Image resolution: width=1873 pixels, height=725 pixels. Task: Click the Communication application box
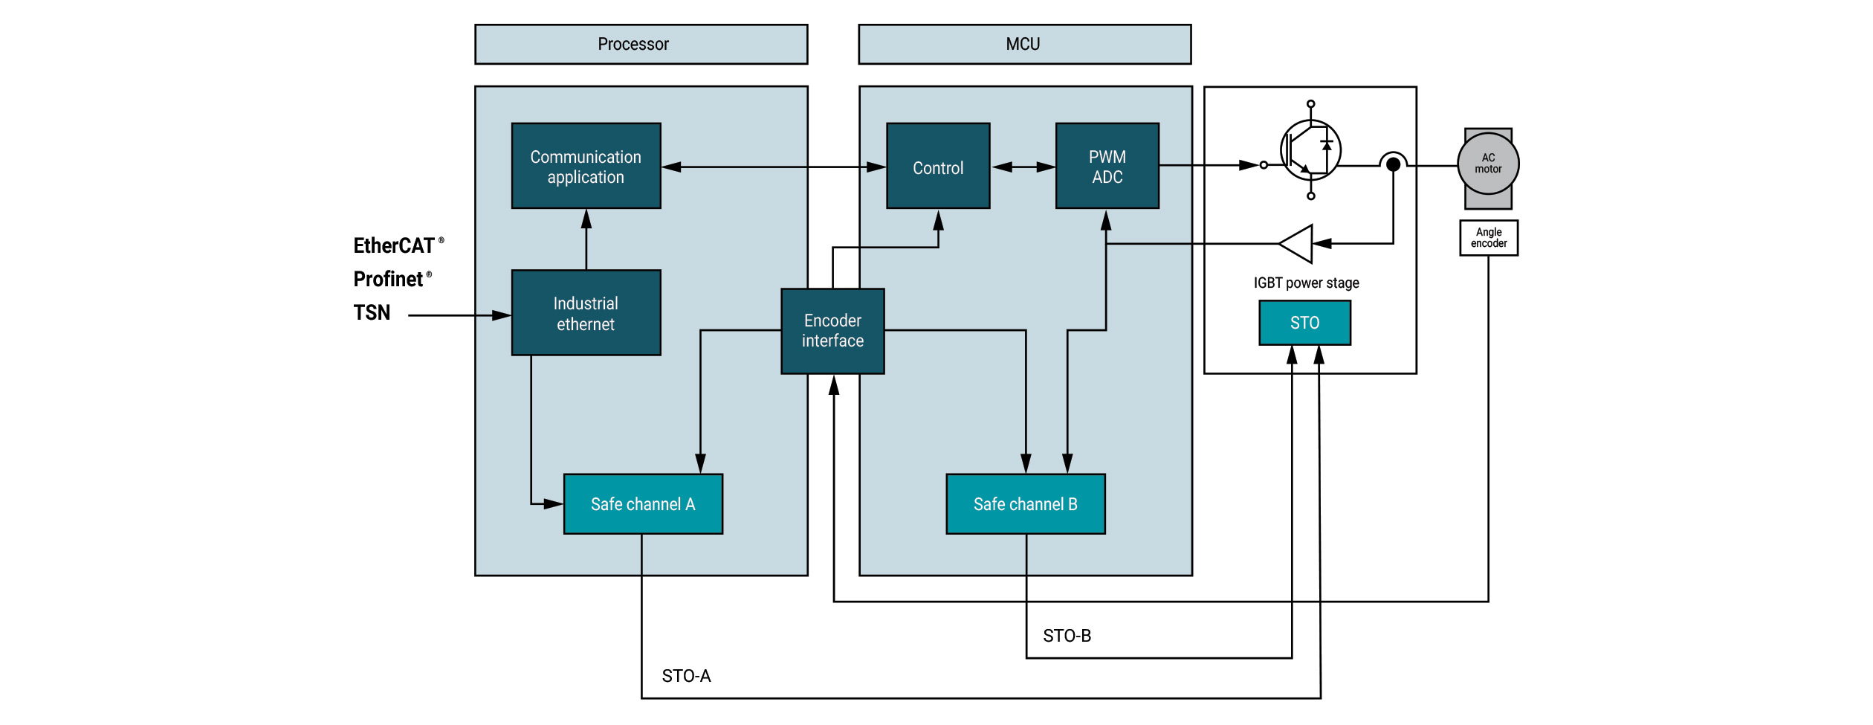point(586,167)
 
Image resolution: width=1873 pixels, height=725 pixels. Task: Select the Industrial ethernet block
point(586,313)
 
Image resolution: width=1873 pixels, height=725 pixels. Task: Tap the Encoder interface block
point(832,331)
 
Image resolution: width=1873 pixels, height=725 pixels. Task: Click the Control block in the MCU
point(938,167)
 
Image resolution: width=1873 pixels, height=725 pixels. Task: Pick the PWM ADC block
point(1107,167)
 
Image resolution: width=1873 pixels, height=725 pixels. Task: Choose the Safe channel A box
point(643,504)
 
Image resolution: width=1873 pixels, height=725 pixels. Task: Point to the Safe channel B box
point(1025,504)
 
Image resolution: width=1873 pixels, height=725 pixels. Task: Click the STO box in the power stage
point(1304,323)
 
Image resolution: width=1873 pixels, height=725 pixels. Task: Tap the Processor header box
point(641,45)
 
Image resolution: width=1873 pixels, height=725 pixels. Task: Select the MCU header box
point(1024,45)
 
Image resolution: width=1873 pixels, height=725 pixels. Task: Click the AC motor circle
point(1488,164)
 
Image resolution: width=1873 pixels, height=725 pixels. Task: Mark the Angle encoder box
point(1489,238)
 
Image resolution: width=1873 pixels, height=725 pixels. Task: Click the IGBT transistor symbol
point(1310,150)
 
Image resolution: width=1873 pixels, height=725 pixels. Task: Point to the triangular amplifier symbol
point(1298,244)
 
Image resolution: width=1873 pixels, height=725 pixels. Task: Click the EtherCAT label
point(394,246)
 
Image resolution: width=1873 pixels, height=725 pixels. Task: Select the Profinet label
point(389,280)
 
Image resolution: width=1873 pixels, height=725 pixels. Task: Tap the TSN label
point(372,313)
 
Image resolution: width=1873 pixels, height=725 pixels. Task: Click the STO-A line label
point(686,676)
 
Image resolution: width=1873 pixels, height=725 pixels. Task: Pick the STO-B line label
point(1067,636)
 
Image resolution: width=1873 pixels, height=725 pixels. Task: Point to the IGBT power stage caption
point(1306,283)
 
